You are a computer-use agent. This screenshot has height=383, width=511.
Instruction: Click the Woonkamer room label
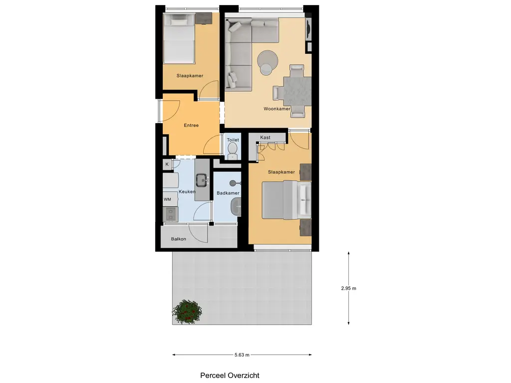click(x=277, y=109)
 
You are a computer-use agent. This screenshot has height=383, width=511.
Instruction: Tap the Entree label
click(x=191, y=125)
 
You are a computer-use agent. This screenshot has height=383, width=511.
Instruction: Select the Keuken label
click(x=186, y=192)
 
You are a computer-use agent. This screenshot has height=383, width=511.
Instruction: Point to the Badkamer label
click(x=228, y=193)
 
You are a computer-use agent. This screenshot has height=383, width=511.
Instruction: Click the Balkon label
click(x=178, y=239)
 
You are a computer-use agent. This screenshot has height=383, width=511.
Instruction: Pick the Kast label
click(x=265, y=137)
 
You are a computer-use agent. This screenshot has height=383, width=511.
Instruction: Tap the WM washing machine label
click(x=167, y=199)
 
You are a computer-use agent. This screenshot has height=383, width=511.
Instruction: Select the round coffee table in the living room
click(x=268, y=62)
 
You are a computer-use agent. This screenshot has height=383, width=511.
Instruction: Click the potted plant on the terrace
click(x=188, y=312)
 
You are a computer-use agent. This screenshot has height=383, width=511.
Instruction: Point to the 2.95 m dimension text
click(x=348, y=288)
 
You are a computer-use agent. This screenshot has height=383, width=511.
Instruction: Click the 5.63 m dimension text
click(x=242, y=355)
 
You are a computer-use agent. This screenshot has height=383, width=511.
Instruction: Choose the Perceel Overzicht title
click(x=230, y=376)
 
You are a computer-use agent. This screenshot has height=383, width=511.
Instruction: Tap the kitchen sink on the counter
click(x=202, y=179)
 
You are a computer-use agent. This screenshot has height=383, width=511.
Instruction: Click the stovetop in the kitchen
click(x=170, y=214)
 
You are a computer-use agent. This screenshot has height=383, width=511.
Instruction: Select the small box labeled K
click(x=167, y=165)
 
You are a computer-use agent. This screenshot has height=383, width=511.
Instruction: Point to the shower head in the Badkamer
click(x=233, y=183)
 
